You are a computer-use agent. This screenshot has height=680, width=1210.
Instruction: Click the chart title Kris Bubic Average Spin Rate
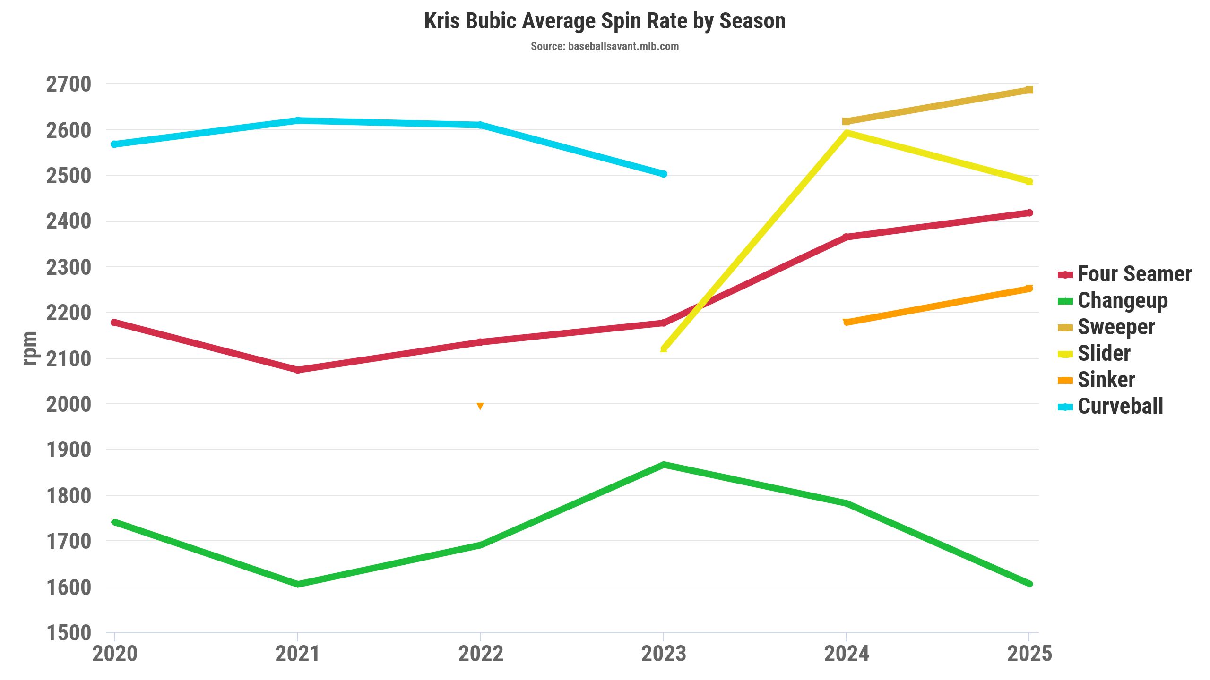click(605, 21)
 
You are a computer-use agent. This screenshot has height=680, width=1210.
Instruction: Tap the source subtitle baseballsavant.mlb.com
click(605, 46)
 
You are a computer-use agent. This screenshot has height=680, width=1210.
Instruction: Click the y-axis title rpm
click(30, 348)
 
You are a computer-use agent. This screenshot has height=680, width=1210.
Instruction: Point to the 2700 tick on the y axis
click(69, 85)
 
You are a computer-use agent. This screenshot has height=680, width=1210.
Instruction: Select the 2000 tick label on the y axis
click(69, 404)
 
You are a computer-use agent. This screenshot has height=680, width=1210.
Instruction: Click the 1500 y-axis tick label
click(69, 633)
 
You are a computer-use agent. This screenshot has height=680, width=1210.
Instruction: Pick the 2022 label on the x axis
click(481, 654)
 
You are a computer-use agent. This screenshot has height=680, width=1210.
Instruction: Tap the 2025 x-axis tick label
click(1029, 654)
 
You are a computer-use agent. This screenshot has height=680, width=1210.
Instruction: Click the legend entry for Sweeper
click(1115, 327)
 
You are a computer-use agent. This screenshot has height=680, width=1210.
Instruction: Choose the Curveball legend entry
click(1119, 406)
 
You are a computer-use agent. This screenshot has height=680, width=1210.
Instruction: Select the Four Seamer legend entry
click(1133, 274)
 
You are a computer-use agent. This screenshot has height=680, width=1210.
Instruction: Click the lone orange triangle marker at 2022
click(480, 406)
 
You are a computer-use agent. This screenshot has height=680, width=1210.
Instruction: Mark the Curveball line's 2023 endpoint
click(664, 174)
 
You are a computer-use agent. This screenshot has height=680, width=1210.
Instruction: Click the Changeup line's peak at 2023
click(664, 465)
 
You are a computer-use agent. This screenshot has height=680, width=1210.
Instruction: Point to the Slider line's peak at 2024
click(847, 133)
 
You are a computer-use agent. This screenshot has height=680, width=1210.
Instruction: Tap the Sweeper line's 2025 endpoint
click(1029, 90)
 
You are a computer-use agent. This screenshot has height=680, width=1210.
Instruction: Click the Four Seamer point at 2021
click(298, 370)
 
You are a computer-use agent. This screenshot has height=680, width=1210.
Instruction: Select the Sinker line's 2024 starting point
click(847, 322)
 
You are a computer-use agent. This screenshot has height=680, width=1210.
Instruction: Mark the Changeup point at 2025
click(1029, 584)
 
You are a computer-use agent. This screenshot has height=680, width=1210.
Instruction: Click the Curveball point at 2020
click(114, 144)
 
